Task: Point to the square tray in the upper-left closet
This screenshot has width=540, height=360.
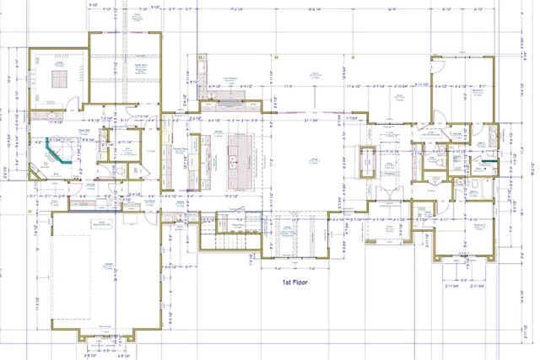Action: pos(61,78)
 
